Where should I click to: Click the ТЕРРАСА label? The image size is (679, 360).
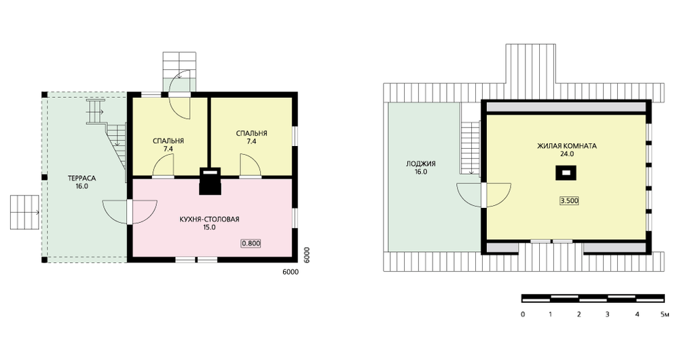pyautogui.click(x=81, y=178)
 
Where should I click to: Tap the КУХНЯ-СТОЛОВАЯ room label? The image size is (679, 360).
pyautogui.click(x=209, y=219)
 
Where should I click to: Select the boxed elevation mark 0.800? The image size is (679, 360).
pyautogui.click(x=251, y=243)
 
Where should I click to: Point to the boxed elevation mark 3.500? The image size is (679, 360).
pyautogui.click(x=569, y=201)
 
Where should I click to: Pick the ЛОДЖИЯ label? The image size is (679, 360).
pyautogui.click(x=420, y=164)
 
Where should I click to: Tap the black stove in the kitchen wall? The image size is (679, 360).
pyautogui.click(x=210, y=181)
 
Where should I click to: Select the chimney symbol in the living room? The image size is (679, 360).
pyautogui.click(x=566, y=173)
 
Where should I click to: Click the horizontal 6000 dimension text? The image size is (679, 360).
pyautogui.click(x=290, y=272)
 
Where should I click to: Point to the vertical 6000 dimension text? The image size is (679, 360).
pyautogui.click(x=306, y=255)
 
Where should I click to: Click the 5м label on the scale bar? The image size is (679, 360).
pyautogui.click(x=664, y=314)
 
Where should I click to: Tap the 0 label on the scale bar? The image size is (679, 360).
pyautogui.click(x=523, y=314)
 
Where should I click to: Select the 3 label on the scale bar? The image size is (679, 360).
pyautogui.click(x=608, y=314)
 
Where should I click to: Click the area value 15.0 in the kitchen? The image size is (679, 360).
pyautogui.click(x=209, y=227)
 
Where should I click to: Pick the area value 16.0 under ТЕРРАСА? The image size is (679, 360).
pyautogui.click(x=81, y=186)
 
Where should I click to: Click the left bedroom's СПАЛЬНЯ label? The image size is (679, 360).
pyautogui.click(x=168, y=141)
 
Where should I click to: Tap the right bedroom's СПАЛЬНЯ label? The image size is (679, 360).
pyautogui.click(x=252, y=133)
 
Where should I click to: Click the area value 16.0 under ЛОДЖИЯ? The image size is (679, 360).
pyautogui.click(x=420, y=172)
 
